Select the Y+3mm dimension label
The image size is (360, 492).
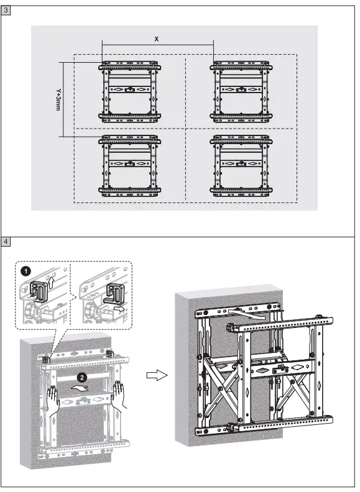pos(57,98)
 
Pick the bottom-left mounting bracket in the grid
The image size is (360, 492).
pos(129,165)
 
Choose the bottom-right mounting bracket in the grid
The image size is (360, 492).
pos(241,165)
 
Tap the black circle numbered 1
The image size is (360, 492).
pos(25,271)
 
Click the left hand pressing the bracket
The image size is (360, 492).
pos(54,397)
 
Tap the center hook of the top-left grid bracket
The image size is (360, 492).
pos(129,89)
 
